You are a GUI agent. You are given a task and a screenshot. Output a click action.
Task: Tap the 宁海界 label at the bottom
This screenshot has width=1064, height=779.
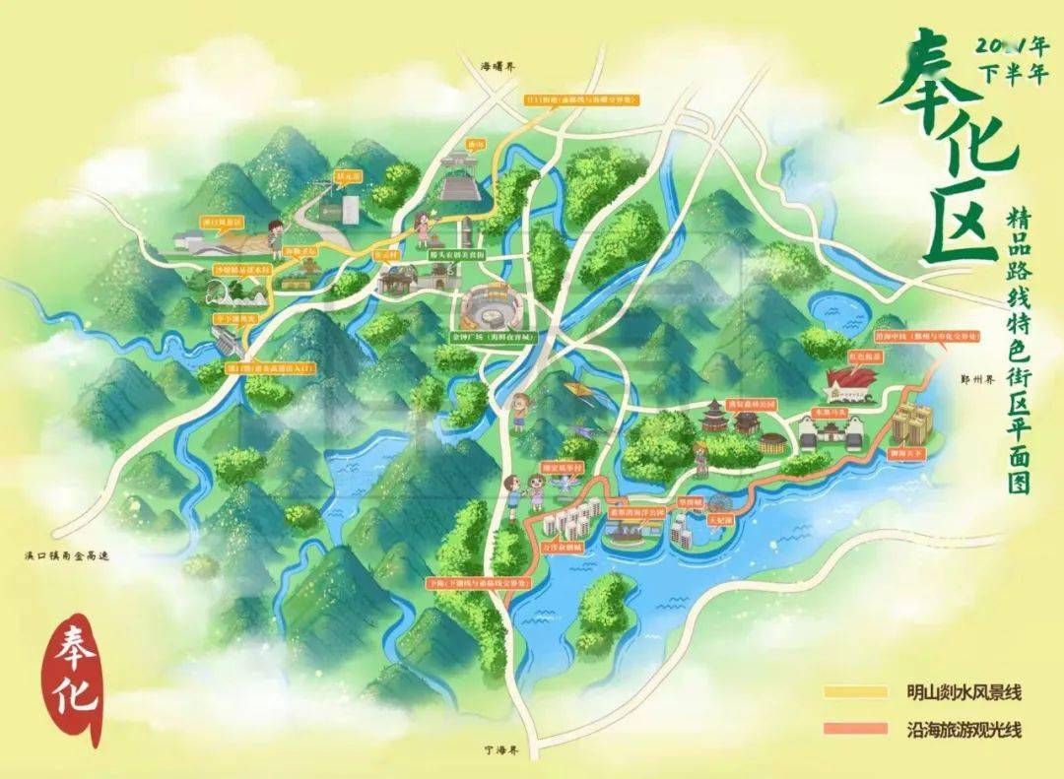(x=501, y=749)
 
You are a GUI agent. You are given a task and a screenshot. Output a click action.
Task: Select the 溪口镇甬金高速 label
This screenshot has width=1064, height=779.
(x=67, y=556)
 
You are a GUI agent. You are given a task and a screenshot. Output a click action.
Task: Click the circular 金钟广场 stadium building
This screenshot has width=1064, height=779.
(x=487, y=309)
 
